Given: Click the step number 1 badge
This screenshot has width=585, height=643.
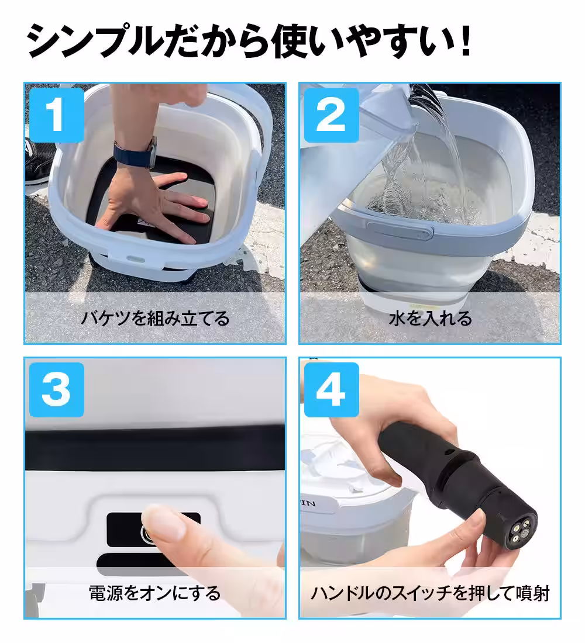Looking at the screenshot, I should [x=56, y=115].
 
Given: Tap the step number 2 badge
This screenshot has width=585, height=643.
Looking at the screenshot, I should [x=331, y=115].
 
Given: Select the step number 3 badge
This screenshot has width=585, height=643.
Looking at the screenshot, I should [x=56, y=389].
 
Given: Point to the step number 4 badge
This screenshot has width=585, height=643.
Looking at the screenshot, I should [x=331, y=389].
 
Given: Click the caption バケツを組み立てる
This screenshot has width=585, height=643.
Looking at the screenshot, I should [x=155, y=319].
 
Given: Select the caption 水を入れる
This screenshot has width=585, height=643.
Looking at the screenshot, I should [x=430, y=319].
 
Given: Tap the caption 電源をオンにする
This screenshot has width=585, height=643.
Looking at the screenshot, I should [x=155, y=593].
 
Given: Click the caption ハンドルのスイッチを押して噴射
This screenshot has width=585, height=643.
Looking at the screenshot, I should [x=430, y=593].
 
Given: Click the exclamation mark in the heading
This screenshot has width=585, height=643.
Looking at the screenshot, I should [x=466, y=42].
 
